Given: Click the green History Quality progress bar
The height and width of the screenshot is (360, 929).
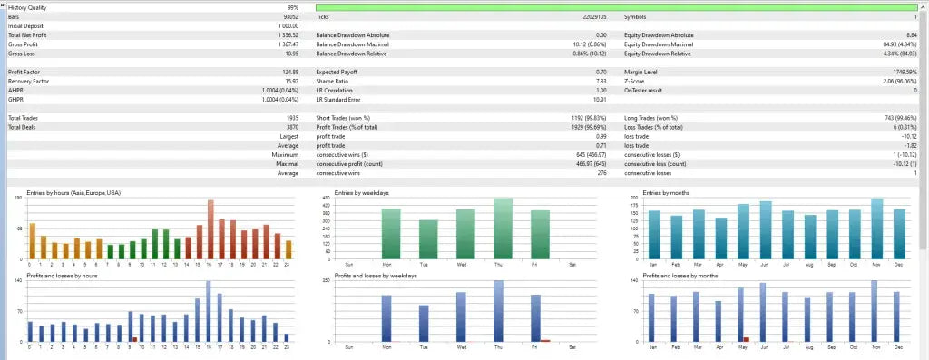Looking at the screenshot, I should [617, 7].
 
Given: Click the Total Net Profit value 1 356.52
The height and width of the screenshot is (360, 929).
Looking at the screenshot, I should [285, 35].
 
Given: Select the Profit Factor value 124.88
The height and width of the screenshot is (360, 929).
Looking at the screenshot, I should [288, 72].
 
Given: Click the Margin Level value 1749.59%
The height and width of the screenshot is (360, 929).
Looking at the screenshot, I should [899, 72].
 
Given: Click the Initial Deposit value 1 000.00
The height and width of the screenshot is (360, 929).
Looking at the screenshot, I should [286, 26].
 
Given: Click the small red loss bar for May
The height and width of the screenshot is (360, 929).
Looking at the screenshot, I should [747, 339].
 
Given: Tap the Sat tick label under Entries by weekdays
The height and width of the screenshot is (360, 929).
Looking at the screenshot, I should [572, 265].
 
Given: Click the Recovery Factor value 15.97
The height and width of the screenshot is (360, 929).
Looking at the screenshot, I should [290, 81].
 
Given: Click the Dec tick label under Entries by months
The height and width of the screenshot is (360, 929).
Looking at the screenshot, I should [898, 265].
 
